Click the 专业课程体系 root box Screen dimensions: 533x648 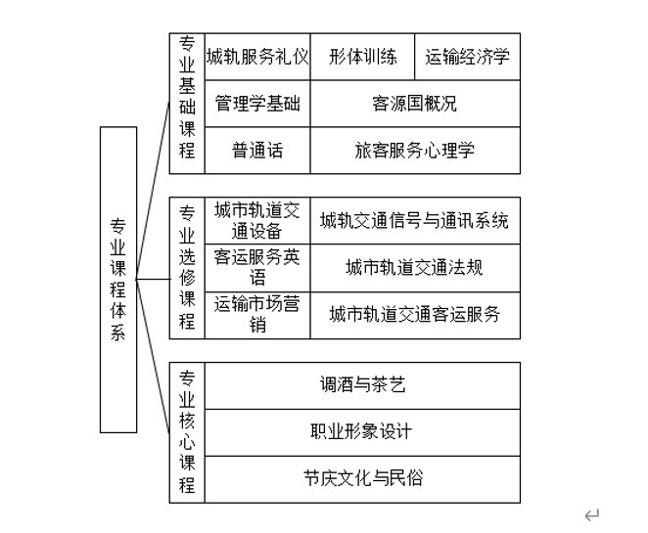[117, 279]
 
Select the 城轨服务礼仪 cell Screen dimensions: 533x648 [257, 57]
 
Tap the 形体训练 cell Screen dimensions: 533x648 [363, 57]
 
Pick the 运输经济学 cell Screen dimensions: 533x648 [468, 57]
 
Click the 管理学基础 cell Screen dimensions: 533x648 [257, 104]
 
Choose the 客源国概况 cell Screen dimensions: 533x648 [415, 104]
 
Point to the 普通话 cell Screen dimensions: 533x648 [257, 151]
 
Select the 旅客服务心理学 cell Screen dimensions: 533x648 [415, 151]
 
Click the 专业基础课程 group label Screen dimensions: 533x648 [187, 104]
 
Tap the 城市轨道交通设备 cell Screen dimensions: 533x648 [257, 221]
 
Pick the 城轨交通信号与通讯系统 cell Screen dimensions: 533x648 [415, 221]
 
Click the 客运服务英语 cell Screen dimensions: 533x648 [257, 268]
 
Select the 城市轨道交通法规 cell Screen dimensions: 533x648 [415, 268]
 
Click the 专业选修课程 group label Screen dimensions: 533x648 [187, 268]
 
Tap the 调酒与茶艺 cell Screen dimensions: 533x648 [362, 385]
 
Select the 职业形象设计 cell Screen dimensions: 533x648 [362, 432]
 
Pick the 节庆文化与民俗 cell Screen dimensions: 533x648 [362, 479]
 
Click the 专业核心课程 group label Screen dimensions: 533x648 [187, 432]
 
